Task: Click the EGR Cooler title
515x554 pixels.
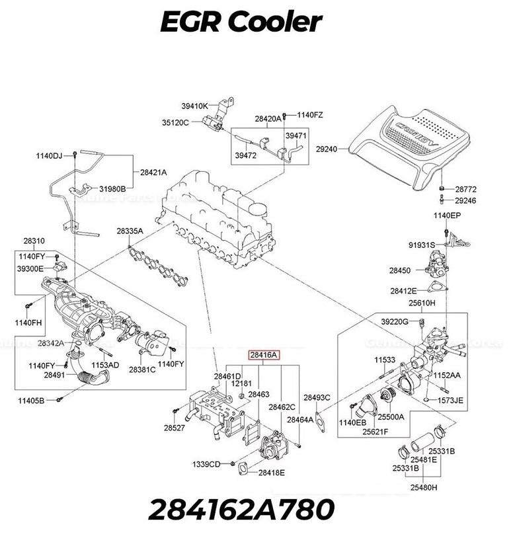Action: pos(241,22)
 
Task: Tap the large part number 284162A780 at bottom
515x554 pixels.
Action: pos(241,510)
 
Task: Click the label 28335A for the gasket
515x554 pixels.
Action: pos(130,231)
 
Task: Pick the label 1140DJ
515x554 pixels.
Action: pos(48,156)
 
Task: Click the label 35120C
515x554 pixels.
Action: pos(175,122)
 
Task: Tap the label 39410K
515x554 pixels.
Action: pos(195,106)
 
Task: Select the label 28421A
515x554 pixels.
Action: pos(153,172)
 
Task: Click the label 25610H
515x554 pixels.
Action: pos(422,303)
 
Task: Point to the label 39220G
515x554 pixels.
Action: pos(395,321)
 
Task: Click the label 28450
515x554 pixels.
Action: pos(399,270)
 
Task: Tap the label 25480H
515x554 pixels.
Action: pos(424,487)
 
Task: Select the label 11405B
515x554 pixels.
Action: pos(31,401)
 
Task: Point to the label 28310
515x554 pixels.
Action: pos(34,241)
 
